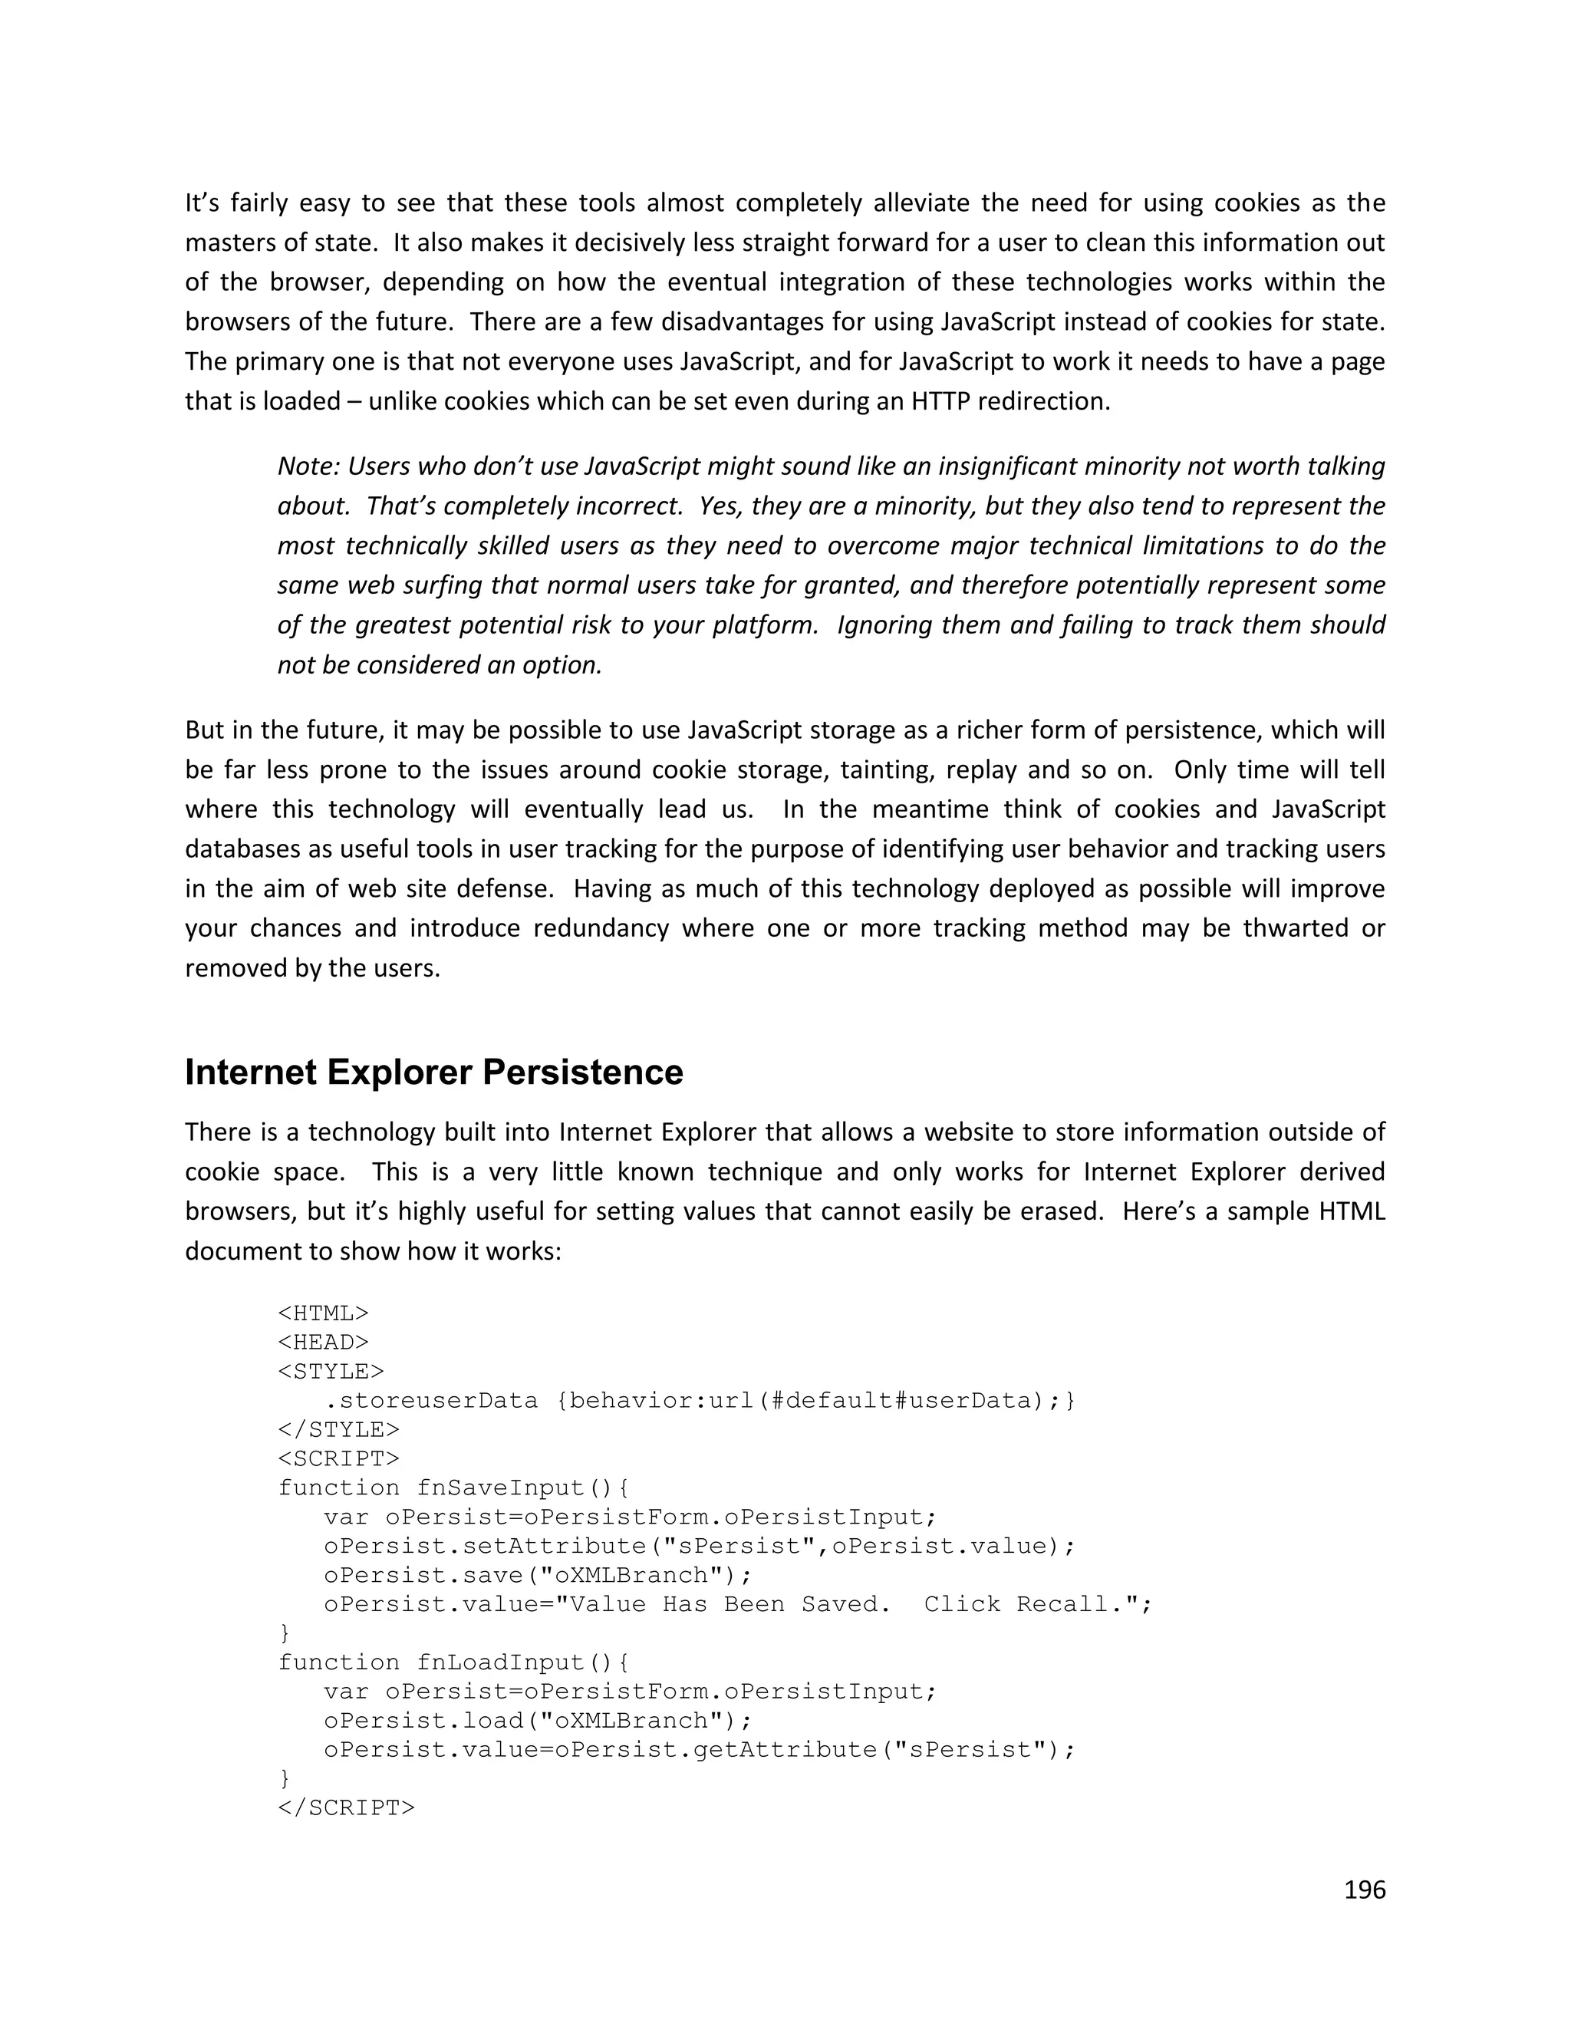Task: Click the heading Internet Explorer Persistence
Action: click(x=433, y=1073)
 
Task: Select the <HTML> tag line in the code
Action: click(x=323, y=1313)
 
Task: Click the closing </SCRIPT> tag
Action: click(x=346, y=1807)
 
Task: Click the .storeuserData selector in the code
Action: click(x=431, y=1400)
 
